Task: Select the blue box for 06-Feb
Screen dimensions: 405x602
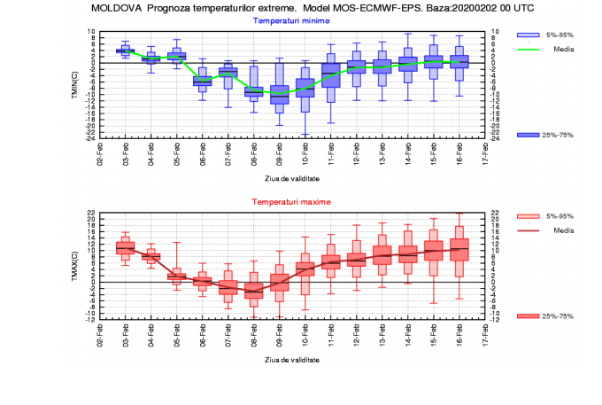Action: point(202,81)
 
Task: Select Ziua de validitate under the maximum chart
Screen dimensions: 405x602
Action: point(292,360)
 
